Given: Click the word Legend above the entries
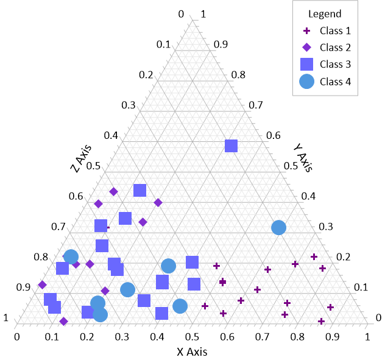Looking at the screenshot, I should (325, 13).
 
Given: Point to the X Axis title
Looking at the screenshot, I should (192, 351).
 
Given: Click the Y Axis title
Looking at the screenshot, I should (302, 157).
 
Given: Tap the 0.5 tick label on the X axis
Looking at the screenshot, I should (192, 336).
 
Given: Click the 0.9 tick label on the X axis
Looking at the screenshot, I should (332, 336).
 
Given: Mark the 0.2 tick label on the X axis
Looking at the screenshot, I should (87, 336).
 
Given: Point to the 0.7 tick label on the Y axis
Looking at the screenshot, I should (255, 105).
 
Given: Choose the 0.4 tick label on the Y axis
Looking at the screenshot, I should (308, 196).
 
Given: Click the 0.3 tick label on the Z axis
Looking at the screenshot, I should (128, 105).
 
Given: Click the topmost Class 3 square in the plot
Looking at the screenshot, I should (231, 146).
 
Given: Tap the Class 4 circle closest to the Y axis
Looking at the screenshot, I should (278, 227).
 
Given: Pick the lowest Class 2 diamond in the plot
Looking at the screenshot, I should (63, 320).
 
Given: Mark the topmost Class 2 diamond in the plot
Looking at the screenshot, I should (113, 191).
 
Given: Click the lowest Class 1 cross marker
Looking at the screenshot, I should (321, 321).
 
